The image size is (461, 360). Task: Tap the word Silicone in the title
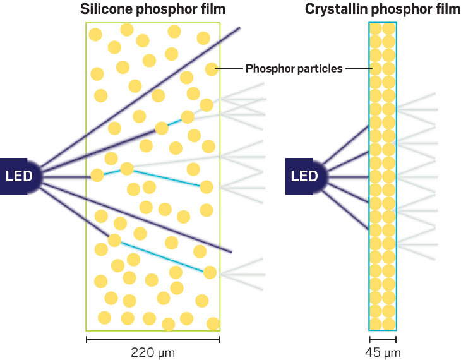coord(106,9)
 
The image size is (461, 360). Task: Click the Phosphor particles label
coord(294,69)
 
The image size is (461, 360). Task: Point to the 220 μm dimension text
coord(153,352)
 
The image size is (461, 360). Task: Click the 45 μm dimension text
coord(383,352)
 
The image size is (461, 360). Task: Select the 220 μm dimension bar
coord(153,339)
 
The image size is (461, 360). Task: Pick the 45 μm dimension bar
coord(383,339)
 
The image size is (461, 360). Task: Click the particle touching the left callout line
coord(212,69)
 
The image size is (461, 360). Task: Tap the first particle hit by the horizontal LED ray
coord(97,176)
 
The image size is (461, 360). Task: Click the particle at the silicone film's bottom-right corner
coord(213,324)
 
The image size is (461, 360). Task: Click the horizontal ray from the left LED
coord(66,177)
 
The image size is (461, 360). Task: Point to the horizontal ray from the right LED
coord(348,177)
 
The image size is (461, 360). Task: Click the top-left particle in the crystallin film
coord(376,29)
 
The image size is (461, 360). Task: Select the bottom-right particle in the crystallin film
coord(389,324)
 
